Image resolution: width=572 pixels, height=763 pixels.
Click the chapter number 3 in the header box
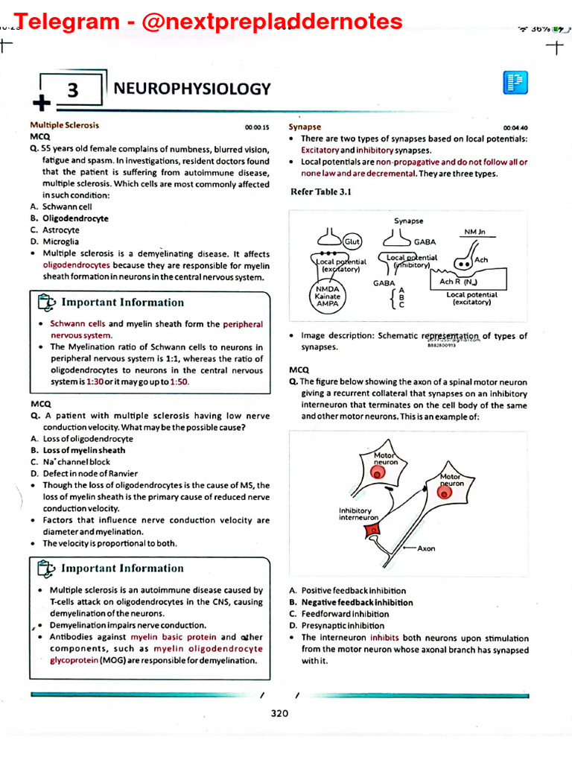pos(72,91)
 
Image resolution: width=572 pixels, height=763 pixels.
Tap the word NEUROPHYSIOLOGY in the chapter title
pos(192,89)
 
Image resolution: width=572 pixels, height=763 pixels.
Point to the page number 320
pos(279,713)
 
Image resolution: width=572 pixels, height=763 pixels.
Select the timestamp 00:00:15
pos(257,127)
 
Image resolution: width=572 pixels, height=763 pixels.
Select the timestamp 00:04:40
pos(515,127)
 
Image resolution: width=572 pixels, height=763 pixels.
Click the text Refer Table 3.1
pos(320,192)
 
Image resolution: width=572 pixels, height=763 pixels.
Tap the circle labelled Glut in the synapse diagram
pos(352,242)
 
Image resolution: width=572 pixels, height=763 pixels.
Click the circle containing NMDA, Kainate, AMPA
pos(328,296)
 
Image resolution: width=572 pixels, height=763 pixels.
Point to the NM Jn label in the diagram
pos(475,232)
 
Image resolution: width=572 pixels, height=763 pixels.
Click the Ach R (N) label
pos(457,282)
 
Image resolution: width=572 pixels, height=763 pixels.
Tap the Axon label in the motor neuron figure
pos(426,548)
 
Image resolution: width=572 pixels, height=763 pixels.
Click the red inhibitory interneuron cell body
pos(371,530)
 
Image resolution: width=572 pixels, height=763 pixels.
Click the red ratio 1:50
pos(179,381)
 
